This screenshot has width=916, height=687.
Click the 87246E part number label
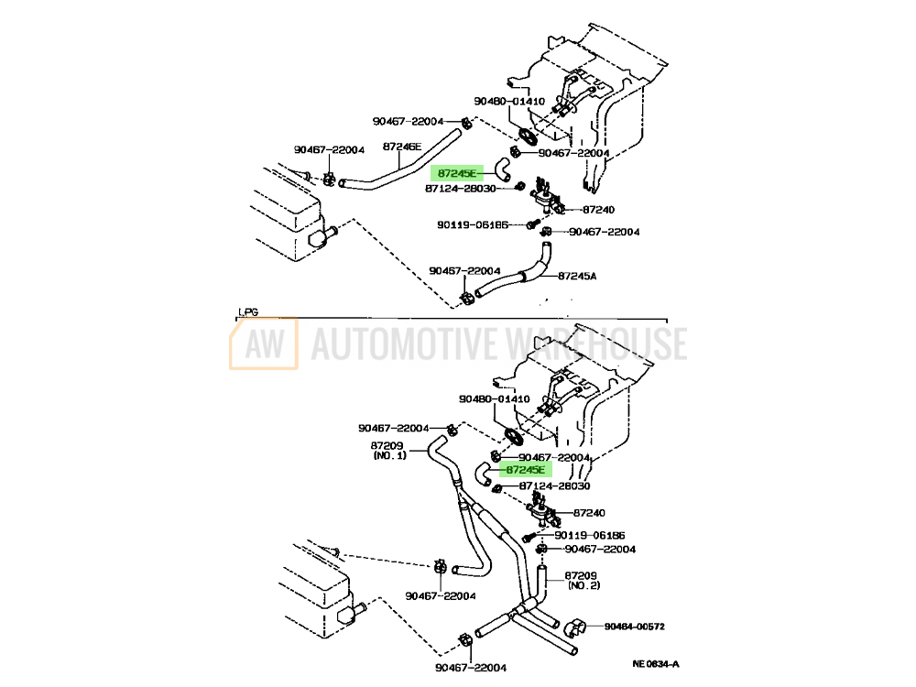(x=402, y=147)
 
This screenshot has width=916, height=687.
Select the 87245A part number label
(x=577, y=275)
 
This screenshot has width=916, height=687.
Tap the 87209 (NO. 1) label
(x=388, y=451)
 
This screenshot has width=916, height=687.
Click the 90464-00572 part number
(x=634, y=627)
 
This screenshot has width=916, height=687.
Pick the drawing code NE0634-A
(x=657, y=664)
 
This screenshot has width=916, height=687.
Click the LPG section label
(x=248, y=311)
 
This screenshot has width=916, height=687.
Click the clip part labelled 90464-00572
(x=576, y=629)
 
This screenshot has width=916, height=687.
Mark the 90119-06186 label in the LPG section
(x=589, y=535)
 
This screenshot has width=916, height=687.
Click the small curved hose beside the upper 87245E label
(x=502, y=167)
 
